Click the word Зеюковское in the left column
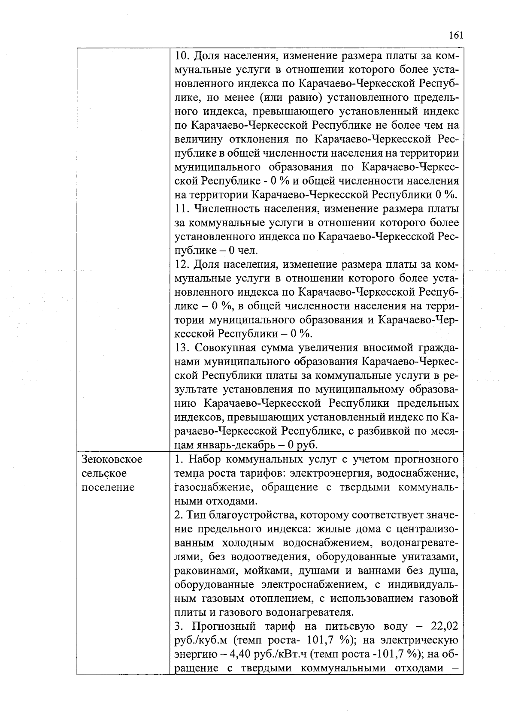click(112, 459)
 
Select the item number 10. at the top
click(183, 56)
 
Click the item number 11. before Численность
click(182, 209)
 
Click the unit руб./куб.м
click(200, 640)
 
